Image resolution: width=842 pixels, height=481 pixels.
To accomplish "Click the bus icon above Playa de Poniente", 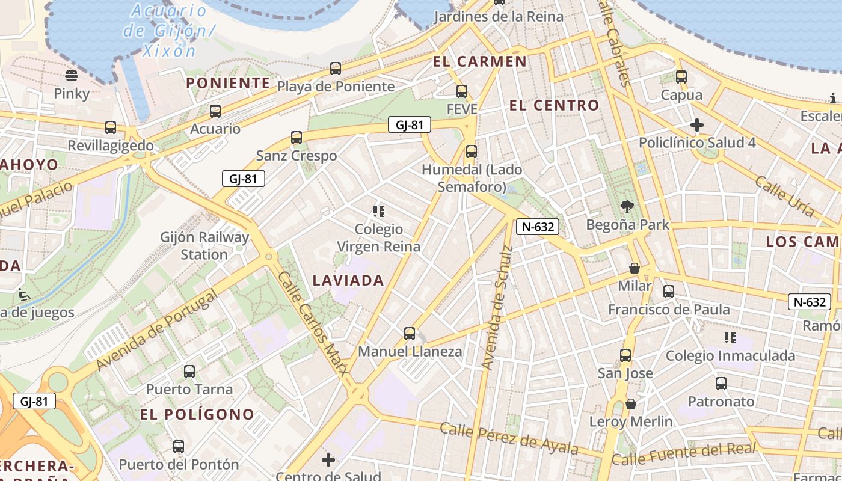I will click(336, 69).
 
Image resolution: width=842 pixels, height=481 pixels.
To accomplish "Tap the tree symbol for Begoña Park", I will click(627, 207).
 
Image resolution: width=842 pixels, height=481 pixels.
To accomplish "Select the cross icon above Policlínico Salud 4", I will click(697, 125).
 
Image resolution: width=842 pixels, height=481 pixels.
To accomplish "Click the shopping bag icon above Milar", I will click(634, 268).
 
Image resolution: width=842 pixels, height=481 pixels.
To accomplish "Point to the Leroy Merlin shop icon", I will click(630, 404).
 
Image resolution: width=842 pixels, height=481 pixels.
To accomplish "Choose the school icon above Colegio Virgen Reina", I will click(378, 211).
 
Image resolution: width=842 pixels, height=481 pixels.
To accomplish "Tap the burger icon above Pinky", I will click(72, 76).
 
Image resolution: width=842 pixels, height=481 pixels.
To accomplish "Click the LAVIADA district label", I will click(348, 280).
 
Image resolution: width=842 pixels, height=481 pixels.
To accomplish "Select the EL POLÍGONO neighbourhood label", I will click(197, 414).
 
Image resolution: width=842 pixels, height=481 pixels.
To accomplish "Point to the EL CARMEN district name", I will click(479, 61).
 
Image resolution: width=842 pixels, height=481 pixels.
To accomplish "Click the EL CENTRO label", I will click(554, 106).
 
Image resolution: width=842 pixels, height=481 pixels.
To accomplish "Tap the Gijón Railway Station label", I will click(204, 245).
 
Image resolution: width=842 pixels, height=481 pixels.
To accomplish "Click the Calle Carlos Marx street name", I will click(313, 323).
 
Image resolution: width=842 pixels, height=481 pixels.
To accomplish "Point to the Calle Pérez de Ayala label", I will click(508, 438).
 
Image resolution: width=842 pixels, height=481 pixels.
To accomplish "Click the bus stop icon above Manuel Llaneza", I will click(410, 333).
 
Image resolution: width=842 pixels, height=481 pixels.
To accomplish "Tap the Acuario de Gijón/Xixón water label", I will click(168, 30).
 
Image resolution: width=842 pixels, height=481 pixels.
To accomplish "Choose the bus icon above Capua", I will click(681, 77).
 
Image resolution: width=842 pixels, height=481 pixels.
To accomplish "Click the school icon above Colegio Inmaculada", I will click(730, 338).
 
